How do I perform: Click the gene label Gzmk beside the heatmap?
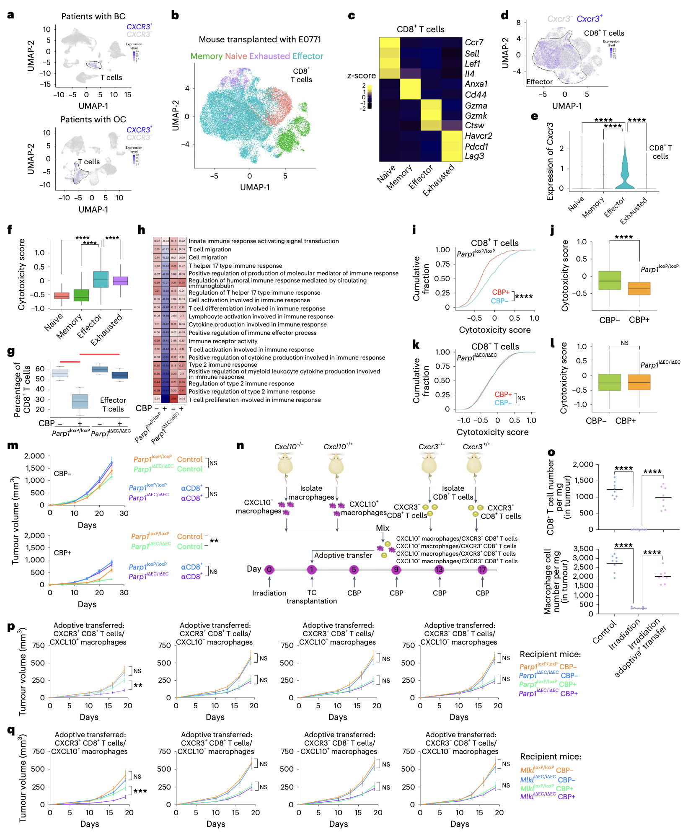click(x=476, y=116)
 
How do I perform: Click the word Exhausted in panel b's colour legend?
click(x=269, y=56)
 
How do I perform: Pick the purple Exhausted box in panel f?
click(x=121, y=280)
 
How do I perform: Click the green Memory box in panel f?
click(x=81, y=295)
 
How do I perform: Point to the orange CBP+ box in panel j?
click(x=639, y=288)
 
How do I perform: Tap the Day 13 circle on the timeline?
click(x=439, y=570)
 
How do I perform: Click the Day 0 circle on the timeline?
click(x=269, y=570)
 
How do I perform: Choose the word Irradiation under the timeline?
click(x=269, y=593)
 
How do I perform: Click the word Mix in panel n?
click(x=383, y=528)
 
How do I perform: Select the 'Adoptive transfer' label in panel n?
click(x=343, y=555)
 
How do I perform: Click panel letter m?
click(x=13, y=445)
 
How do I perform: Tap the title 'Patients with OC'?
click(x=93, y=119)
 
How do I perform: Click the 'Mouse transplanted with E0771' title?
click(x=260, y=39)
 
